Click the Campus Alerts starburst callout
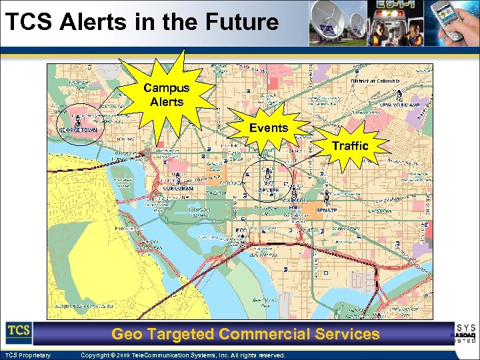coord(167,95)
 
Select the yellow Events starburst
coord(269,127)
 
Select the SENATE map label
coord(267,190)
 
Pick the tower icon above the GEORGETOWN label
coord(78,120)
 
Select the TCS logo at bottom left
coord(19,331)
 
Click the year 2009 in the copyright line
coord(127,355)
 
